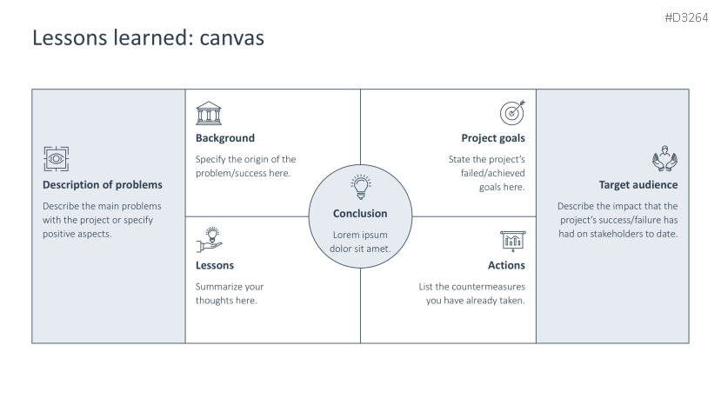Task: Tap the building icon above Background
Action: (x=208, y=112)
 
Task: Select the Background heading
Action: (x=225, y=138)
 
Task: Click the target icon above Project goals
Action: (x=512, y=112)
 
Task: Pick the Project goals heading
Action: (x=493, y=138)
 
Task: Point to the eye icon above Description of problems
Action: (x=55, y=159)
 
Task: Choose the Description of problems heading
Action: (x=103, y=185)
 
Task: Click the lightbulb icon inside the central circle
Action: (x=360, y=187)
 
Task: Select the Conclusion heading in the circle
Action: (x=360, y=213)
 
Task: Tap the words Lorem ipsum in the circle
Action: (x=360, y=235)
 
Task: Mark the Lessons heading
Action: (x=215, y=265)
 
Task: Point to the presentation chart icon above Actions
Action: (x=512, y=240)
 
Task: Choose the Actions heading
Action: (x=506, y=265)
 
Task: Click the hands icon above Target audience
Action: (x=664, y=160)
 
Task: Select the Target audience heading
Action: (x=638, y=185)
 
